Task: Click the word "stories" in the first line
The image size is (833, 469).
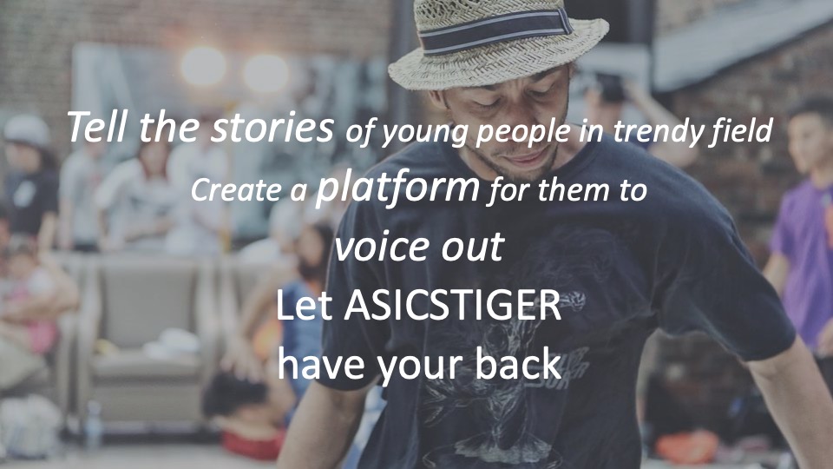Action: click(272, 127)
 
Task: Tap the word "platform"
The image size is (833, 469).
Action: click(397, 188)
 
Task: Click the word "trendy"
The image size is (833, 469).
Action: click(659, 131)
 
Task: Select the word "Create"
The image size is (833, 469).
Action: click(236, 190)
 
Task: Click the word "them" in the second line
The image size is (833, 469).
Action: click(574, 190)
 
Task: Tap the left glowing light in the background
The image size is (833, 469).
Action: click(203, 67)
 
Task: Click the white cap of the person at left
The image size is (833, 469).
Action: click(26, 129)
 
